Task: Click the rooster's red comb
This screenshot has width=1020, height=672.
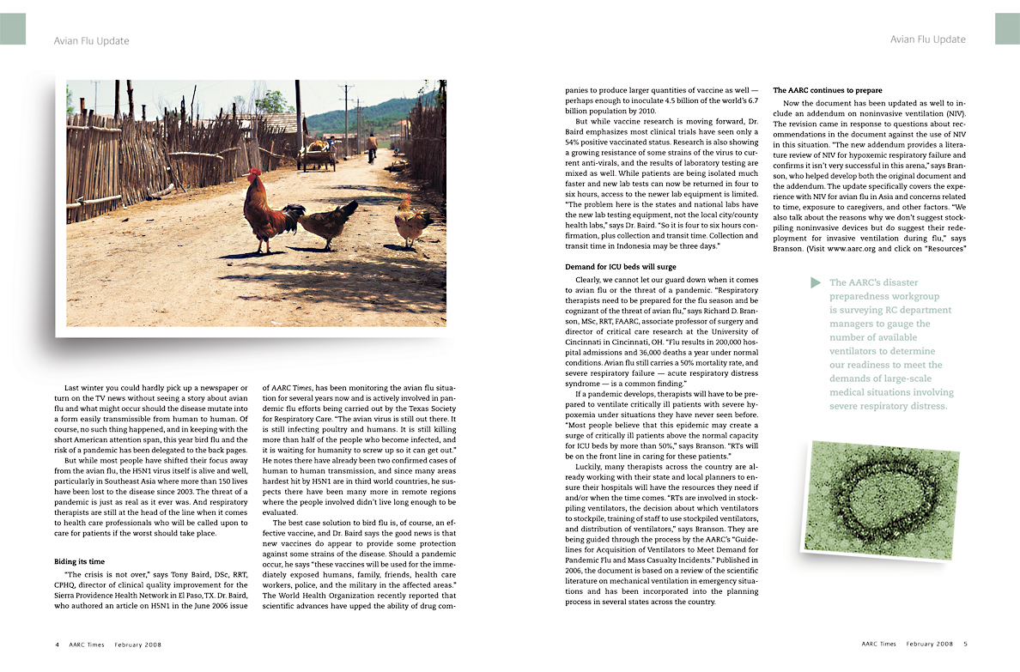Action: point(253,175)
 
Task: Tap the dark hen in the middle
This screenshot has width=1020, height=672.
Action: point(331,222)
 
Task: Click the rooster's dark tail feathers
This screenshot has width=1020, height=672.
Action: point(294,212)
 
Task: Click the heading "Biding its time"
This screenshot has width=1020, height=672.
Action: point(79,561)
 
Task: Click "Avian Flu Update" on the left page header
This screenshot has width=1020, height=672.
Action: point(91,40)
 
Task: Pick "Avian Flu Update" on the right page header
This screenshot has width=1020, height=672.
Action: point(927,39)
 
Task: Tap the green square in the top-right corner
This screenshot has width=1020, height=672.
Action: point(1007,29)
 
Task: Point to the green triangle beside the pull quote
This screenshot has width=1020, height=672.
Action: point(815,282)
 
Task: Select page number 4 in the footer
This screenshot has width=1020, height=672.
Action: point(57,644)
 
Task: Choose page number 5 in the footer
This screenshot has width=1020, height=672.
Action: point(965,644)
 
